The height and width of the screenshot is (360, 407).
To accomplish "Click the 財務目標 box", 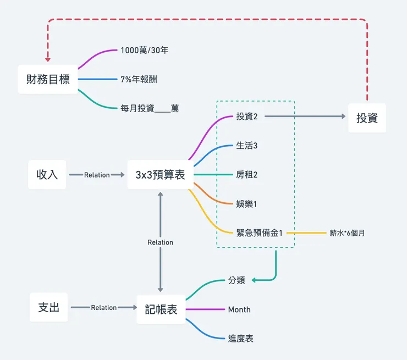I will pyautogui.click(x=48, y=79).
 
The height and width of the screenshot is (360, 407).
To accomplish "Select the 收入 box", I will pyautogui.click(x=47, y=175).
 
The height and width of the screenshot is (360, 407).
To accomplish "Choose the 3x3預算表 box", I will pyautogui.click(x=160, y=175).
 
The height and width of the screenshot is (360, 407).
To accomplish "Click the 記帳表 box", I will pyautogui.click(x=161, y=309).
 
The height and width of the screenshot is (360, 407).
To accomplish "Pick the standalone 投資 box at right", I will pyautogui.click(x=367, y=117).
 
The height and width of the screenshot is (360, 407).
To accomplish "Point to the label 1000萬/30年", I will pyautogui.click(x=144, y=50).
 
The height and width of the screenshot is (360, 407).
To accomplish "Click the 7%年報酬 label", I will pyautogui.click(x=139, y=79).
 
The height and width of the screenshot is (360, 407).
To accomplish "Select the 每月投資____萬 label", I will pyautogui.click(x=149, y=109).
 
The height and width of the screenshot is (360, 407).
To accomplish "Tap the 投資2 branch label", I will pyautogui.click(x=247, y=117).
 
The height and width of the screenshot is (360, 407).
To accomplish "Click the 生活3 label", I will pyautogui.click(x=246, y=146).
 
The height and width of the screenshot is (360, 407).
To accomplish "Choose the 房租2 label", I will pyautogui.click(x=246, y=175).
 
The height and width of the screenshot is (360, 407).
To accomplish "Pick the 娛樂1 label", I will pyautogui.click(x=246, y=204).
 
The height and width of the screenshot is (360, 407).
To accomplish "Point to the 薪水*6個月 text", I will pyautogui.click(x=347, y=233).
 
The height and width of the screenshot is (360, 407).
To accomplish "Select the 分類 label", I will pyautogui.click(x=237, y=280).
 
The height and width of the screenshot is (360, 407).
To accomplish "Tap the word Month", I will pyautogui.click(x=239, y=309).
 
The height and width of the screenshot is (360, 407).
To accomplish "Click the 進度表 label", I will pyautogui.click(x=241, y=339).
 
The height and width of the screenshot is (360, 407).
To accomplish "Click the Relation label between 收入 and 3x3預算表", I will pyautogui.click(x=97, y=175).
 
